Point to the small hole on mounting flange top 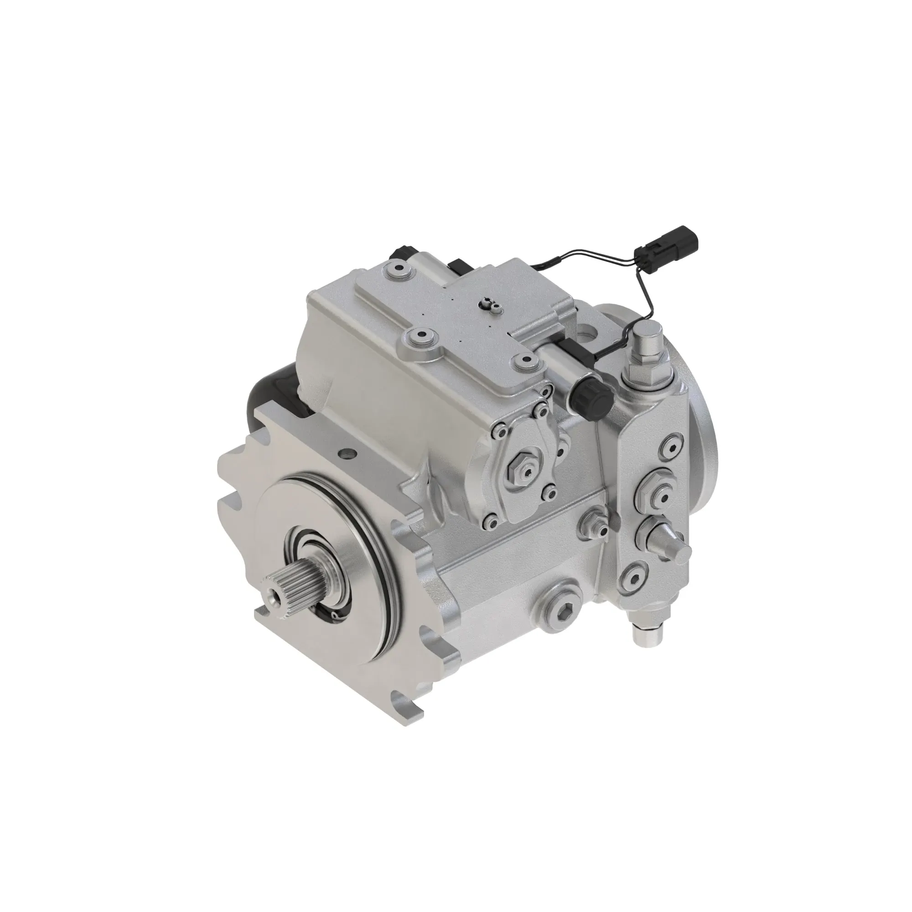(x=348, y=454)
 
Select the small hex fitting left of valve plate (x=596, y=524)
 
